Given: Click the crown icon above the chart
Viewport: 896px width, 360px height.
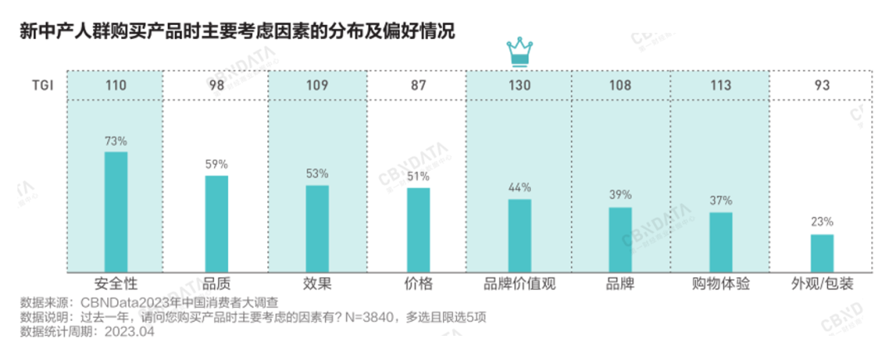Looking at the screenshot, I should click(519, 51).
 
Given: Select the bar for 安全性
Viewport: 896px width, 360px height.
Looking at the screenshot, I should click(116, 212).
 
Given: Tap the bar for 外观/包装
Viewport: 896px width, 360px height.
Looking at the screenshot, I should click(821, 252).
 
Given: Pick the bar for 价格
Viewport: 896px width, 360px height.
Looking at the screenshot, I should click(418, 229).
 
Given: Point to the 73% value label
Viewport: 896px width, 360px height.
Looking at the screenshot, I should click(116, 140).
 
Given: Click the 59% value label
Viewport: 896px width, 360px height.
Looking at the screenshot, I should click(217, 164).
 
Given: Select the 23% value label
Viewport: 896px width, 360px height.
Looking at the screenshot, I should click(821, 222).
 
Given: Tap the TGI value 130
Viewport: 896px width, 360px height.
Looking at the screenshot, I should click(519, 85).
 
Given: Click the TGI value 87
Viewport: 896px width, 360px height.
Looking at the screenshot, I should click(418, 85).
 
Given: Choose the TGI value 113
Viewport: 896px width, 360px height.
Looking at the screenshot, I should click(720, 85).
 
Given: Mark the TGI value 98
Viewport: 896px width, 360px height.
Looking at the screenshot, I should click(217, 85).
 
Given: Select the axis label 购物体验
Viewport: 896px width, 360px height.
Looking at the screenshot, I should click(720, 284).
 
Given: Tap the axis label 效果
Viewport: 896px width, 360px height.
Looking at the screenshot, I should click(318, 284).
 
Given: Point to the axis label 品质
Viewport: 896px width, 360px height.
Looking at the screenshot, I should click(217, 284).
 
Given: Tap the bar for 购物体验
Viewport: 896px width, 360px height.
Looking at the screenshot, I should click(720, 241).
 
